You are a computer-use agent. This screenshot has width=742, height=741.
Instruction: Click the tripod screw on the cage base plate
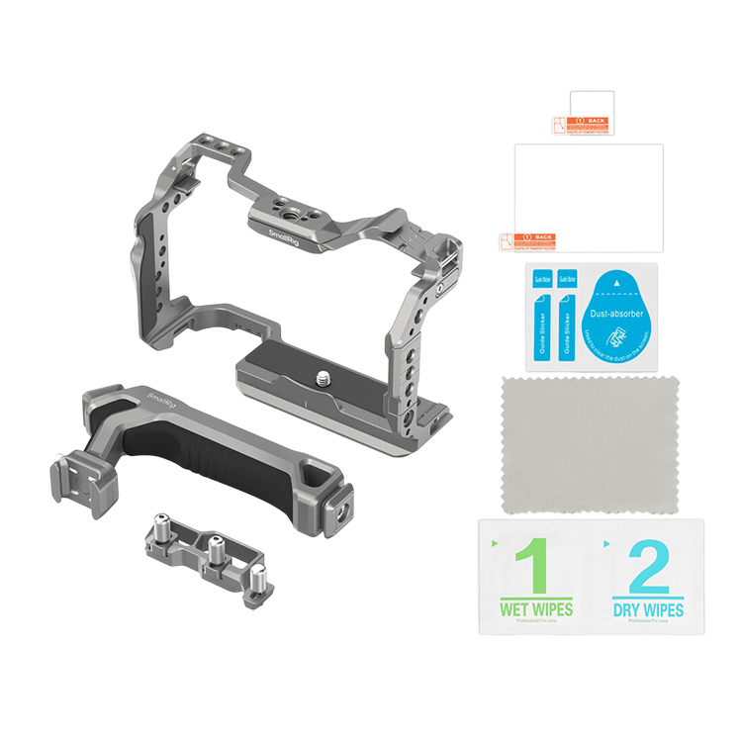point(325,377)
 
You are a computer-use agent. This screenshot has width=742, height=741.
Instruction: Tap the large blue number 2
point(648,566)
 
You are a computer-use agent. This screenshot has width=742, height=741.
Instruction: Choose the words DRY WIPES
point(648,609)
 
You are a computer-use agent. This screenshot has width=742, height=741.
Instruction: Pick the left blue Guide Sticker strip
point(541,315)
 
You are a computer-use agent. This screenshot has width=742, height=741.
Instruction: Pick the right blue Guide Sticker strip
point(568,315)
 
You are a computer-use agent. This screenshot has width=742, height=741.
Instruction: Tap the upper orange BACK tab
point(580,123)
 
